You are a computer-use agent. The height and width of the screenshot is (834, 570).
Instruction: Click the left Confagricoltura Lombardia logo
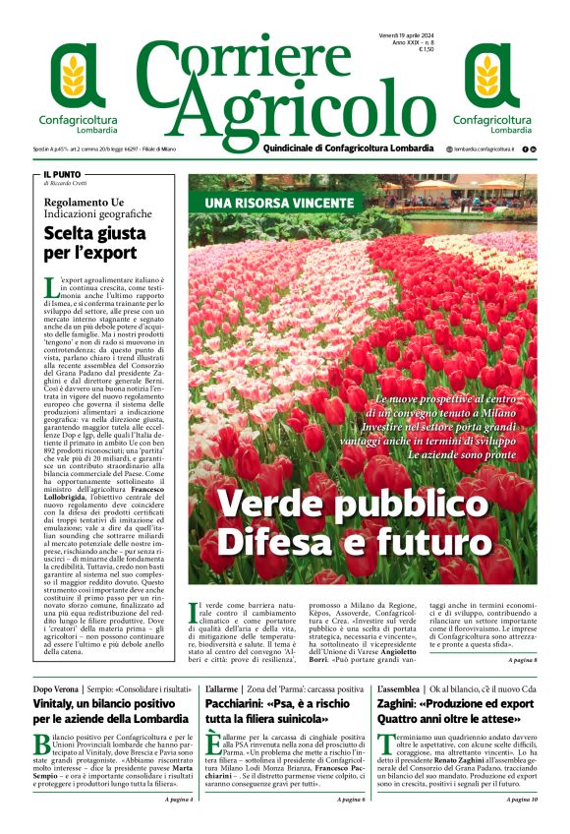coord(79,86)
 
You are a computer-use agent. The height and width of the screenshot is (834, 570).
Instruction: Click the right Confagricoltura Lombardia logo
coord(488,86)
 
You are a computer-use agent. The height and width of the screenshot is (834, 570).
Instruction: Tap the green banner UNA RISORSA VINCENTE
coord(278,204)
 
